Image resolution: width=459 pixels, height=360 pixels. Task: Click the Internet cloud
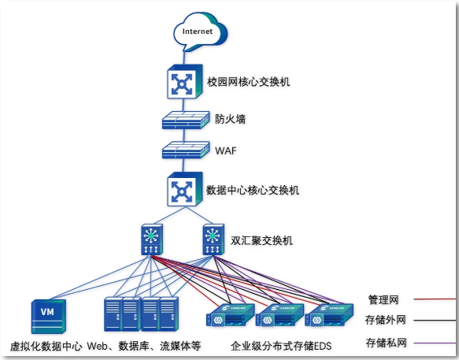point(200,32)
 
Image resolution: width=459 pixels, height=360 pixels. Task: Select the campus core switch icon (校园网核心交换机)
point(185,81)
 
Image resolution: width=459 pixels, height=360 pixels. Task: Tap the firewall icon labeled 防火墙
point(186,120)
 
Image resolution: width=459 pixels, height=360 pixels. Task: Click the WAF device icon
point(186,150)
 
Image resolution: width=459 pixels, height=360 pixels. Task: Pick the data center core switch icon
point(185,189)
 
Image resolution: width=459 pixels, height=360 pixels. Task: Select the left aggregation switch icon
point(152,239)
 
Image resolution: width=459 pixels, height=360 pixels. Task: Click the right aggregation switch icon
point(213,239)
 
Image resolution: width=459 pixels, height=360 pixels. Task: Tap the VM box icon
point(48,317)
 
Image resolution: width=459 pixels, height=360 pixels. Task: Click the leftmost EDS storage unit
point(230,315)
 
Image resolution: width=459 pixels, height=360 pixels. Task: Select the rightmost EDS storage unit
point(329,315)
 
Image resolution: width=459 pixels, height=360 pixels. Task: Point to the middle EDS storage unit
point(279,315)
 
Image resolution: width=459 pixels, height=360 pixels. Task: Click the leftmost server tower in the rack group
point(113,314)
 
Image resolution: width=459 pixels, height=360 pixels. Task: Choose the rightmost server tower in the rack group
point(169,314)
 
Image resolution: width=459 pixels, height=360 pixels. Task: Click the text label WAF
point(226,150)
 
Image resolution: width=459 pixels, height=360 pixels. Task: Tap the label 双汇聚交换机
point(261,240)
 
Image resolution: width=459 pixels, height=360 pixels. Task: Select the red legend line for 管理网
point(435,299)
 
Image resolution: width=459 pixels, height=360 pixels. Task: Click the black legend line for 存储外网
point(435,320)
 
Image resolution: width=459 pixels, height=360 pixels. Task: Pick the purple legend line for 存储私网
point(435,343)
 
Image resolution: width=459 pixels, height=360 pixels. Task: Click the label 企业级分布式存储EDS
point(281,346)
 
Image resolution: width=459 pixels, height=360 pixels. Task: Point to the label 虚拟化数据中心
point(46,347)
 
